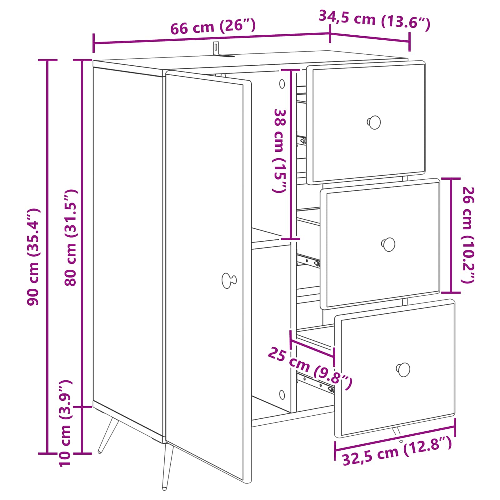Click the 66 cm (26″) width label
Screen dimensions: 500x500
[x=213, y=27]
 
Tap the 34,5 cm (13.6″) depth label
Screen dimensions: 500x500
[x=374, y=20]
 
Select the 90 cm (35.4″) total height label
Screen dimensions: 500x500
[x=33, y=257]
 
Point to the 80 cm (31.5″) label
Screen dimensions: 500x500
[x=71, y=237]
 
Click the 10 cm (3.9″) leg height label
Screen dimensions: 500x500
[x=66, y=423]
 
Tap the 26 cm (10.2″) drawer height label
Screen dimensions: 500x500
[x=468, y=235]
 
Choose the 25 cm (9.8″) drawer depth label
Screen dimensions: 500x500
[x=310, y=368]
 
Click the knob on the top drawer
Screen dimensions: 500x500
[x=374, y=122]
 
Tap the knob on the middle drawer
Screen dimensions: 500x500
[x=388, y=244]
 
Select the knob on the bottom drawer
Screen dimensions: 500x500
[x=403, y=370]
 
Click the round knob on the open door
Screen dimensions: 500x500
[x=229, y=280]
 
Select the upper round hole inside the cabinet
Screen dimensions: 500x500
[x=282, y=84]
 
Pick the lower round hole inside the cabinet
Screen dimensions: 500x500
[x=282, y=395]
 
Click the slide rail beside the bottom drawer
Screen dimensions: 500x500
[x=315, y=382]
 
